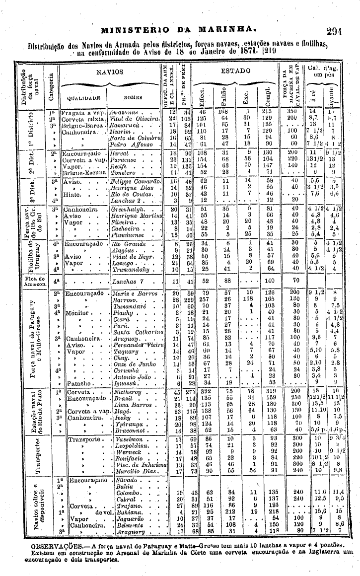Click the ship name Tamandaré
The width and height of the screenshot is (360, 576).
coord(129,307)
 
